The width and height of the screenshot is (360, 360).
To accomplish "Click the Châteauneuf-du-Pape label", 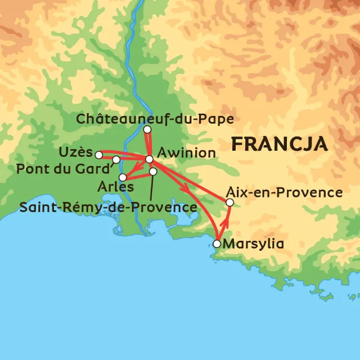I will (155, 119).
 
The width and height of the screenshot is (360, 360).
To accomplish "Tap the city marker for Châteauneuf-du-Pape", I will (147, 130).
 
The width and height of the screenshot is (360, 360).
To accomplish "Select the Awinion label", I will (186, 153).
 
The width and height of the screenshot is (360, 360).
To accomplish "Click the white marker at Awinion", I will (149, 159).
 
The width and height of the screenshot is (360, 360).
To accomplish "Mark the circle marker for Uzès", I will (98, 154).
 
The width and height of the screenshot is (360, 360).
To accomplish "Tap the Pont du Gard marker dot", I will (116, 160).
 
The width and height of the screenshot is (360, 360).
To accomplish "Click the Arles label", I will (115, 186).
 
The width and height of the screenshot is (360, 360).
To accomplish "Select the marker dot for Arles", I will (123, 177).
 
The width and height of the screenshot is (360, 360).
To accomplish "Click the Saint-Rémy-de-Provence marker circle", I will (152, 171).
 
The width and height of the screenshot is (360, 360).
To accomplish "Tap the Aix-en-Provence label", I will (283, 192).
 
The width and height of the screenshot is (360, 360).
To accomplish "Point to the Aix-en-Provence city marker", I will (229, 202).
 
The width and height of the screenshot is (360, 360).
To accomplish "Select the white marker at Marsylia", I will (217, 244).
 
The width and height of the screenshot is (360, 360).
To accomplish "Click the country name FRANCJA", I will (280, 144).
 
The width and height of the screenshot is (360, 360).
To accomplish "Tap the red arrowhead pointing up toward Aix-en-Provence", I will (228, 214).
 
